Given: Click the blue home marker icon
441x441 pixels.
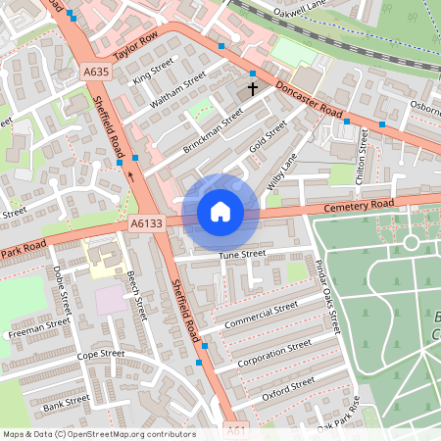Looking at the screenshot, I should [x=220, y=211].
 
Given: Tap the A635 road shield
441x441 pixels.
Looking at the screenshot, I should [x=96, y=73].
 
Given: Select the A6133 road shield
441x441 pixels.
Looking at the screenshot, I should [x=145, y=224].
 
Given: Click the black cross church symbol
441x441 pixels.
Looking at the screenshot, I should [x=252, y=88].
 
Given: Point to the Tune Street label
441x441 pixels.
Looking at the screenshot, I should [x=242, y=255].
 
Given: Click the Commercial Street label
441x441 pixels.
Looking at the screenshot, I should [x=261, y=317].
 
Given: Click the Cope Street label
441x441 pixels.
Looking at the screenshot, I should [x=101, y=354].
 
